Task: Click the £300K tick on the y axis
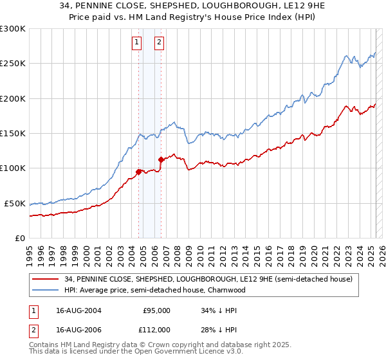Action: tap(13, 29)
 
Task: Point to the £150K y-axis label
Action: tap(13, 133)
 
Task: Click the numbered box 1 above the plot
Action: tap(137, 43)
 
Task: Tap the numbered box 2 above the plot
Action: tap(159, 43)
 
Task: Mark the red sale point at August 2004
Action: tap(139, 172)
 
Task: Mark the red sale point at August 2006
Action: tap(161, 159)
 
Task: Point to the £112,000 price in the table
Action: tap(155, 329)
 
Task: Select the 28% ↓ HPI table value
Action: tap(219, 329)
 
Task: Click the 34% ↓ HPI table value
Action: tap(219, 310)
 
